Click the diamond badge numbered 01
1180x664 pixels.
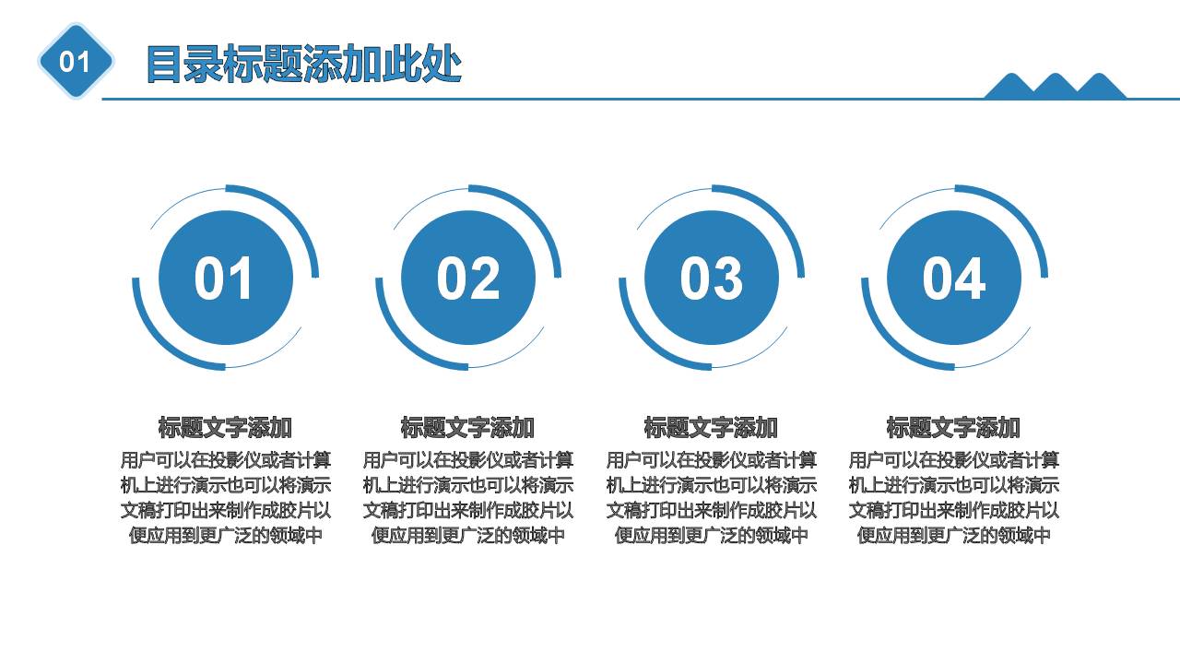tap(76, 62)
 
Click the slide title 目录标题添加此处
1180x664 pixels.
tap(303, 65)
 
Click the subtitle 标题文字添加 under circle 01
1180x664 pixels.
tap(226, 428)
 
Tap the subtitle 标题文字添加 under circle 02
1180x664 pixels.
tap(468, 428)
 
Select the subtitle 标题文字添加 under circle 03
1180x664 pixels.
tap(711, 428)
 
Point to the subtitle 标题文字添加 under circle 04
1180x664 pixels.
tap(954, 428)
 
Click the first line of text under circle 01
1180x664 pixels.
tap(226, 459)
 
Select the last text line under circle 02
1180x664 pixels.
tap(468, 535)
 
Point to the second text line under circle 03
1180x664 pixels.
tap(711, 485)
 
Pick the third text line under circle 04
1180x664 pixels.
tap(954, 510)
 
